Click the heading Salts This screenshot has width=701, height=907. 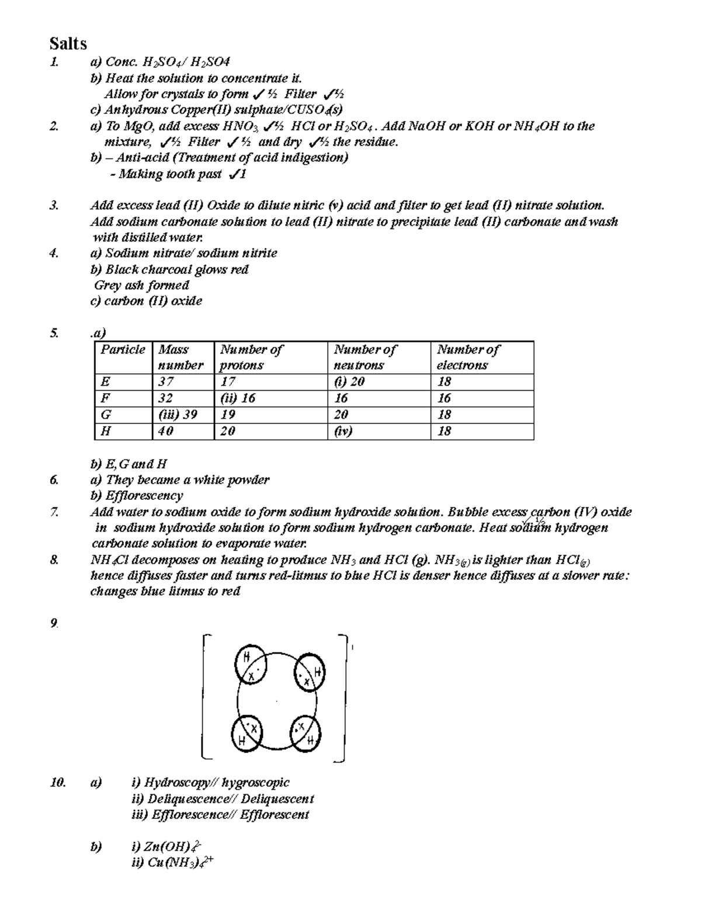[x=68, y=44]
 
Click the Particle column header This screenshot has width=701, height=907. [x=123, y=350]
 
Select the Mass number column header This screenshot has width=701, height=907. [x=181, y=357]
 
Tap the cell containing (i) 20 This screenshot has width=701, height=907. [x=349, y=382]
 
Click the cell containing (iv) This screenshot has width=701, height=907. [x=343, y=432]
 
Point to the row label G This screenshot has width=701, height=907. [x=106, y=415]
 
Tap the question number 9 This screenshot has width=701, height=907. [x=54, y=624]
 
